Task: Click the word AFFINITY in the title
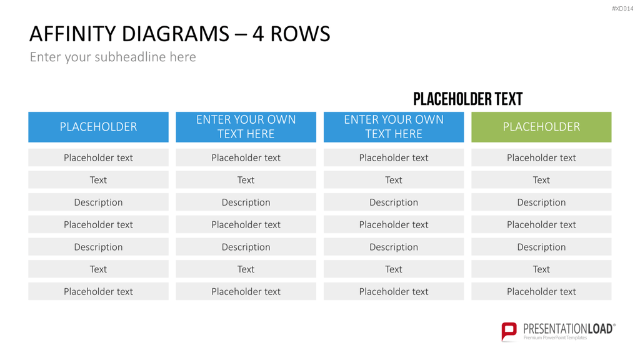coord(72,34)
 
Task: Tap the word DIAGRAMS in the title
coord(176,34)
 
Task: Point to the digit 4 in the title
coord(258,34)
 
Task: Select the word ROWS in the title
coord(300,34)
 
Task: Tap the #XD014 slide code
coord(622,9)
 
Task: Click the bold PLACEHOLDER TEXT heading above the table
coord(467,99)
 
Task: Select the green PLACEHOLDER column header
coord(541,127)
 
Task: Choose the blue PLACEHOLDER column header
coord(98,127)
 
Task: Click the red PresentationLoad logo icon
coord(509,331)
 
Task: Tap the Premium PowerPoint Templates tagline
coord(555,338)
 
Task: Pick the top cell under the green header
coord(541,157)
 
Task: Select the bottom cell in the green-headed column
coord(541,291)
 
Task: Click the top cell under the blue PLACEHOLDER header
coord(98,157)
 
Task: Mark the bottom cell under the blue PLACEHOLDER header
coord(98,291)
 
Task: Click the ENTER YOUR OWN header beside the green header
coord(394,127)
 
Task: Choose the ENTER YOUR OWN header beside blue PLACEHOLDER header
coord(246,127)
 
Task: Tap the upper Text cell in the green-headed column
coord(541,180)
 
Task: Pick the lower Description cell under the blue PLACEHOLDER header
coord(98,247)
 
